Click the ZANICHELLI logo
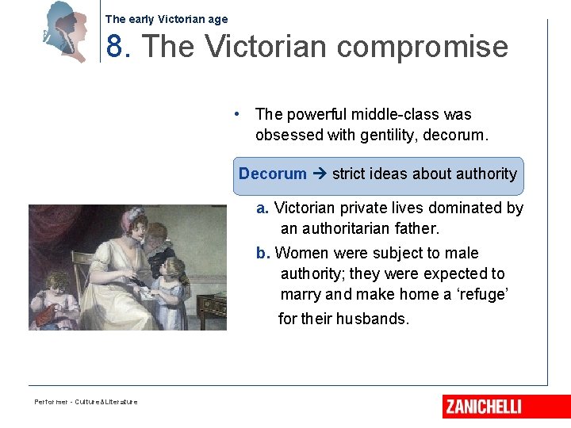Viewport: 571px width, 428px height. pyautogui.click(x=483, y=407)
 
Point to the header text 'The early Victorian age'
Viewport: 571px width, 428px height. pyautogui.click(x=167, y=19)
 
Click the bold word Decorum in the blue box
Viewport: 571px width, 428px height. pyautogui.click(x=273, y=174)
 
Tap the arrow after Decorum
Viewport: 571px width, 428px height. pyautogui.click(x=319, y=174)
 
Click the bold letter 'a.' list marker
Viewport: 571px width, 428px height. pyautogui.click(x=263, y=208)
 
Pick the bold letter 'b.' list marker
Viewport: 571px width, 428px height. pyautogui.click(x=263, y=253)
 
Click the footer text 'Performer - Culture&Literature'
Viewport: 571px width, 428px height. pyautogui.click(x=86, y=402)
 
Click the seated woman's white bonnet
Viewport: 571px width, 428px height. pyautogui.click(x=112, y=224)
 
